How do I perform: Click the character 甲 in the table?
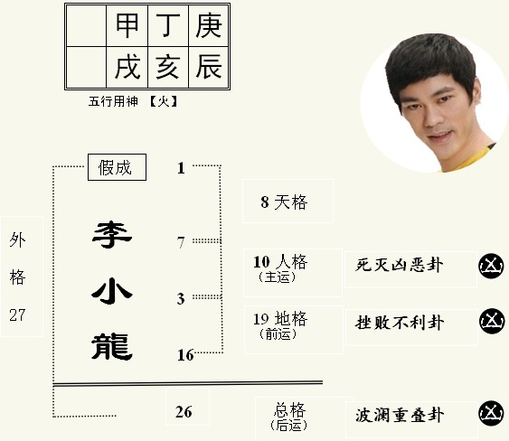127,25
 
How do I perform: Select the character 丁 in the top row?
168,25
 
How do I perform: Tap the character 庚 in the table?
209,25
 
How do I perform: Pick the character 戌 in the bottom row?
127,67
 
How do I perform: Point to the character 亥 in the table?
167,67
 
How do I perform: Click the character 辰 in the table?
209,67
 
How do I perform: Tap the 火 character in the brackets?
164,101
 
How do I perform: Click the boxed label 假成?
117,167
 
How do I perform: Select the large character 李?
112,235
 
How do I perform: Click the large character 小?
112,291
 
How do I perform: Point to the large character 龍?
112,347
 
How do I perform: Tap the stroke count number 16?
185,355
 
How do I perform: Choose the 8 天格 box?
287,201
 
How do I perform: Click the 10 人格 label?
280,262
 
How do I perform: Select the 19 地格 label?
280,319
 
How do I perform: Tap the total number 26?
184,412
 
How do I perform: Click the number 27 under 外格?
17,314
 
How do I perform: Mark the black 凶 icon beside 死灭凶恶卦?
491,266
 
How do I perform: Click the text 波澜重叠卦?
400,416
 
